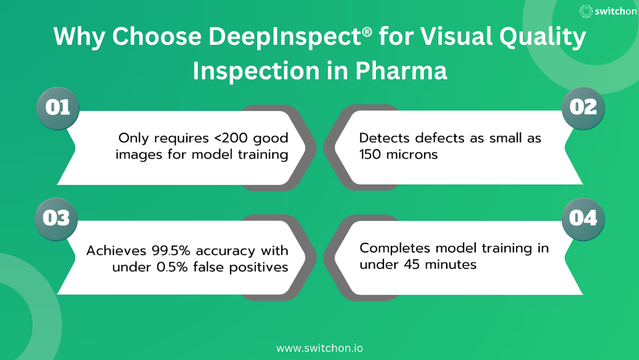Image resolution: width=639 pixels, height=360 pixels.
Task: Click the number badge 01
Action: pyautogui.click(x=58, y=108)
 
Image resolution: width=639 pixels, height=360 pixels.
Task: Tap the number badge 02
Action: pyautogui.click(x=583, y=108)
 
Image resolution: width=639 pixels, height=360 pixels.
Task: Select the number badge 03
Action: pyautogui.click(x=56, y=219)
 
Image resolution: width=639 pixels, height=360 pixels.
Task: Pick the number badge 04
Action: pyautogui.click(x=583, y=219)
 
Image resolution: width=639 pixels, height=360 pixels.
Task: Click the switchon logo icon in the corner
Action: pyautogui.click(x=586, y=11)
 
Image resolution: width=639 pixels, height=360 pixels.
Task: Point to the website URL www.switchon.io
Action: pyautogui.click(x=320, y=348)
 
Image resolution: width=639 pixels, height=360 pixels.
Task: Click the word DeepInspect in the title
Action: pyautogui.click(x=285, y=37)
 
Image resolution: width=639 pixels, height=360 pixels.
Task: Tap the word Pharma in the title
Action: pyautogui.click(x=401, y=71)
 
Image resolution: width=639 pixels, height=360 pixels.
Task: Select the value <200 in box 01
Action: pyautogui.click(x=231, y=138)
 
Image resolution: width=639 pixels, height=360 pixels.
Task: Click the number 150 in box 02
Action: pyautogui.click(x=369, y=155)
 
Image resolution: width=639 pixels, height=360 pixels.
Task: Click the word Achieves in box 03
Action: pyautogui.click(x=116, y=250)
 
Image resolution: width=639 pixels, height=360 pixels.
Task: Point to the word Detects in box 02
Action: pyautogui.click(x=384, y=138)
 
